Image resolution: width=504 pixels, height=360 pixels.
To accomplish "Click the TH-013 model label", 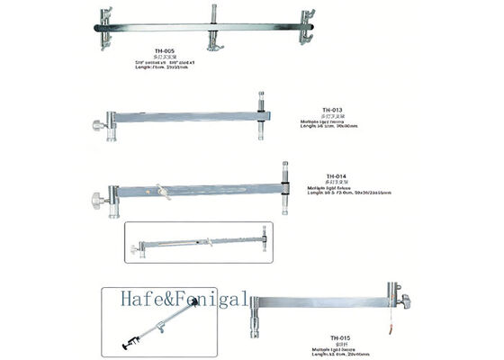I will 332,109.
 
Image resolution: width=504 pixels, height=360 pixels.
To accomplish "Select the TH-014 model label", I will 336,176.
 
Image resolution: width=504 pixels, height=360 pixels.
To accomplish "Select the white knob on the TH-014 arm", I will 96,195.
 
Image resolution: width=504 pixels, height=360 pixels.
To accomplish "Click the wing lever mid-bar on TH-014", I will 163,191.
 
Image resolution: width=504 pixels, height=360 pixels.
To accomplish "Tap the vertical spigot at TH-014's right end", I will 285,175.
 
